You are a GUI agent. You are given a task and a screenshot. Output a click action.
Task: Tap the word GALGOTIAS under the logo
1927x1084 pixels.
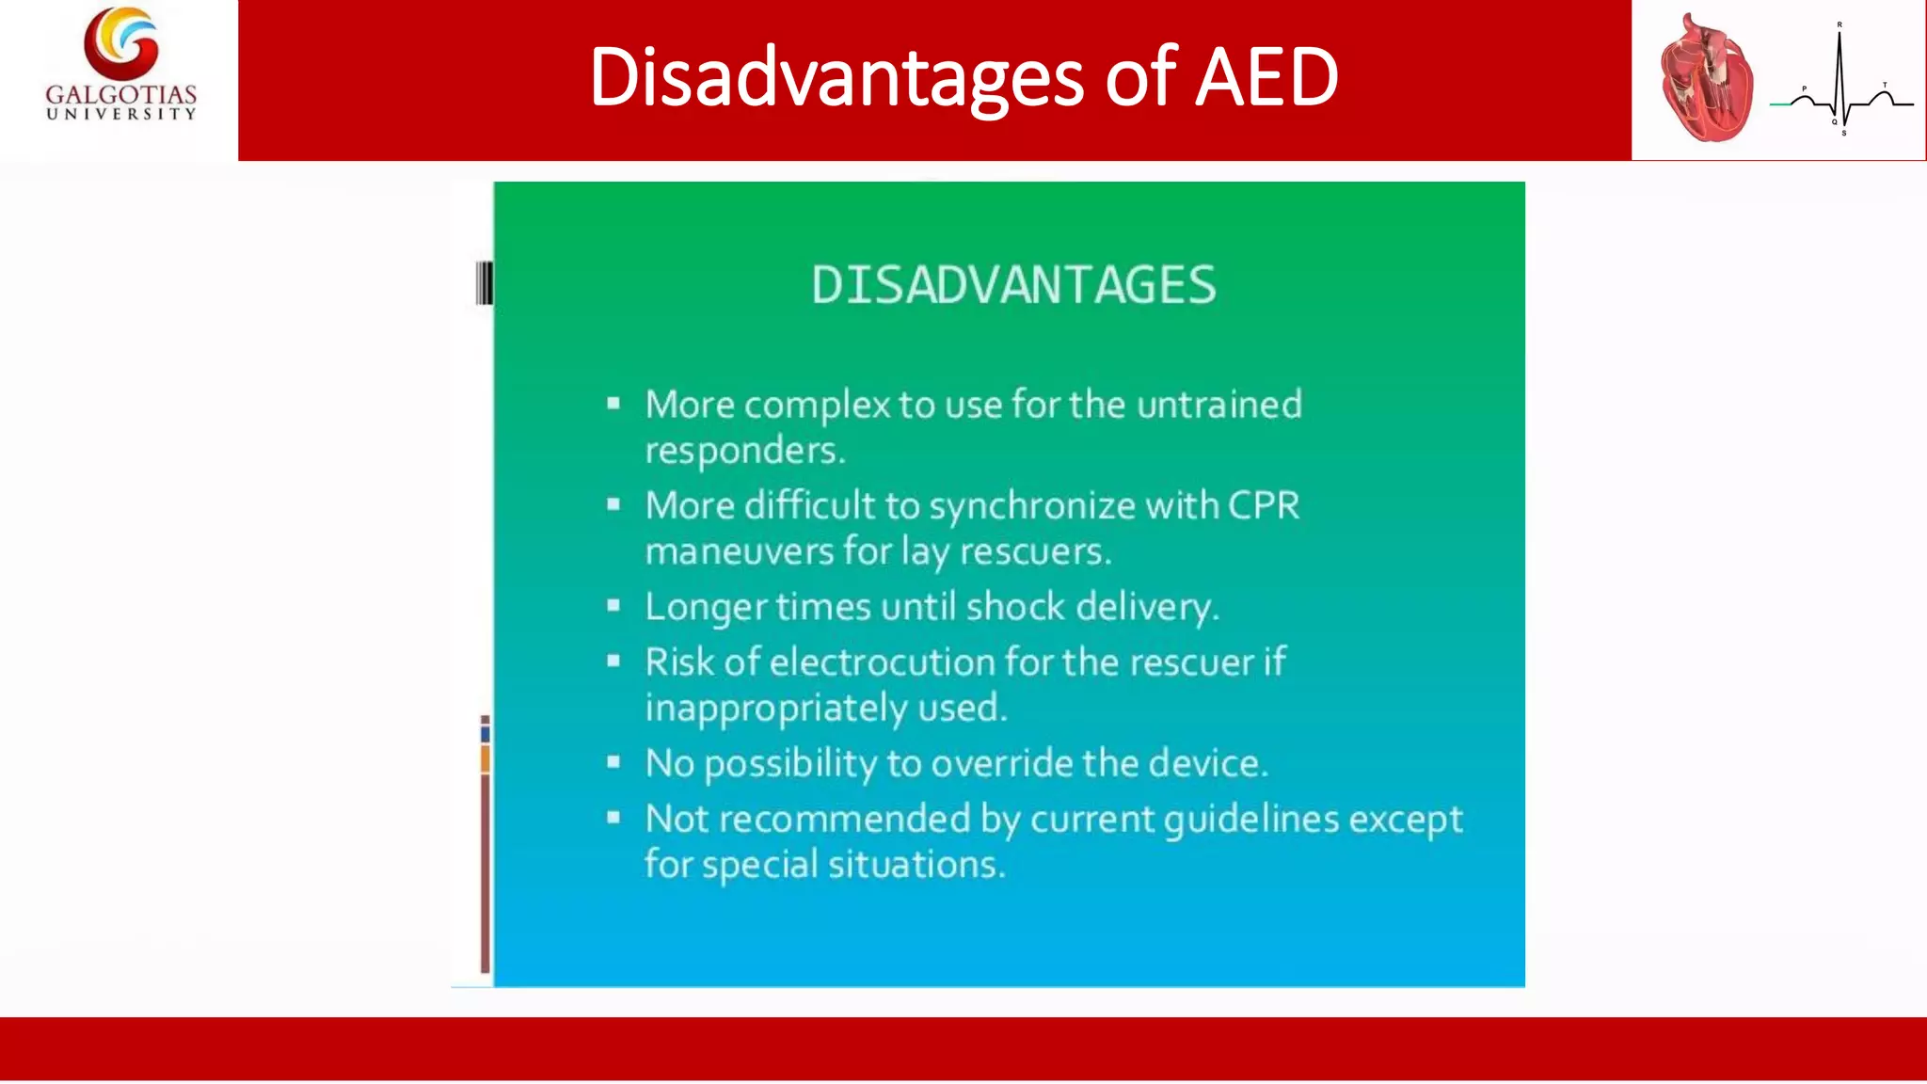(121, 94)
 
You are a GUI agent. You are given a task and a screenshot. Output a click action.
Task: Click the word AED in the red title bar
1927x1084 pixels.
(1266, 77)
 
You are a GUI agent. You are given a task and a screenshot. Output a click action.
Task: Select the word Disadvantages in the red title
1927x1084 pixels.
(836, 77)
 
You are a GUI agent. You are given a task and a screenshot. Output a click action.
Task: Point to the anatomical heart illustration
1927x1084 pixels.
(1707, 81)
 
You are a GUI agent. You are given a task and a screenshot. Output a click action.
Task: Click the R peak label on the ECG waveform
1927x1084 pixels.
(1839, 24)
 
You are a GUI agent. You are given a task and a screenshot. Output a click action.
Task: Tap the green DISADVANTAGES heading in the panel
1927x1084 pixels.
(1013, 285)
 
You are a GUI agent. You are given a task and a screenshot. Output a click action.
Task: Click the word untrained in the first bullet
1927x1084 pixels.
(1218, 405)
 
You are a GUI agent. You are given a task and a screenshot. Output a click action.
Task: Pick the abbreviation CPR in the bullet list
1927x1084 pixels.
(1263, 506)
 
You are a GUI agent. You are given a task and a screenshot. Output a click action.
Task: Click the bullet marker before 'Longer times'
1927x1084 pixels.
(613, 606)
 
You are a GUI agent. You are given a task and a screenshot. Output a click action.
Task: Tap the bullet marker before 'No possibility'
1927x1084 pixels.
(613, 762)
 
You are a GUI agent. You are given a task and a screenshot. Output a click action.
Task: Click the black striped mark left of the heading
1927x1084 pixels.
(484, 283)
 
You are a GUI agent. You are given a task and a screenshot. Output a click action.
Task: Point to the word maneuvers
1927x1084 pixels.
(739, 551)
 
